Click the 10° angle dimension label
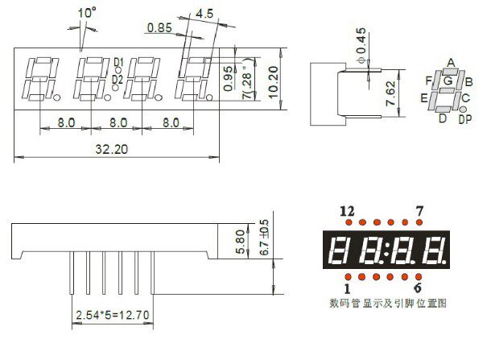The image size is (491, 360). (x=87, y=12)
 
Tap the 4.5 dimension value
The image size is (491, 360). (x=204, y=13)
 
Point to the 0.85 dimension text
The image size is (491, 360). (x=159, y=28)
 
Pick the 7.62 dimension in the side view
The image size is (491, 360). (x=390, y=94)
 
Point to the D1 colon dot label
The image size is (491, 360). (x=118, y=62)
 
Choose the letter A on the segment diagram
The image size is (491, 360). (x=451, y=63)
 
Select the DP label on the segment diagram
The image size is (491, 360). (x=464, y=120)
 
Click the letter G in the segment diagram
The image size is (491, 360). (x=447, y=81)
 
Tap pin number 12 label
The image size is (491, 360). (x=347, y=210)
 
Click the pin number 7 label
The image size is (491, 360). (x=419, y=210)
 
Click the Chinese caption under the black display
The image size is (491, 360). (x=387, y=304)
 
